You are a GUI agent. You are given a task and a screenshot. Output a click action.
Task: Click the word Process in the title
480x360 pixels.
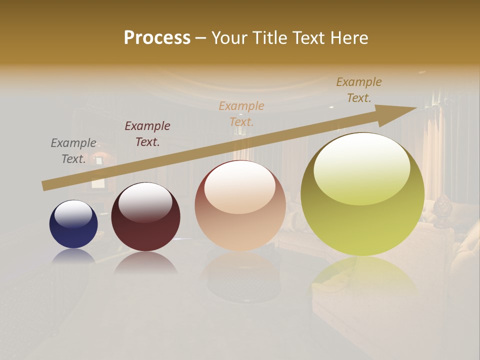(x=157, y=38)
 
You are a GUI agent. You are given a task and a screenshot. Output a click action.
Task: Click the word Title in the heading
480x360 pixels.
(x=268, y=38)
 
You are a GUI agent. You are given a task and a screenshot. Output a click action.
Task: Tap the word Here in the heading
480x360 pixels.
(x=349, y=38)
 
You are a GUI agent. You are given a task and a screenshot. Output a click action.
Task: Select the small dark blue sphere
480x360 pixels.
(x=73, y=224)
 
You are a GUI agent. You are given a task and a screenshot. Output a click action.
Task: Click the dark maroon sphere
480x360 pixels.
(x=145, y=216)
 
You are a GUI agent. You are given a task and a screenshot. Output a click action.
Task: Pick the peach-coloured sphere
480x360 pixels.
(x=240, y=205)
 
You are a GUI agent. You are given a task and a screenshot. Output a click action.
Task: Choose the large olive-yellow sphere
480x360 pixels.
(x=362, y=194)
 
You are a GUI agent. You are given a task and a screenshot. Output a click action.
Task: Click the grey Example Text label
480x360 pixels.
(x=73, y=151)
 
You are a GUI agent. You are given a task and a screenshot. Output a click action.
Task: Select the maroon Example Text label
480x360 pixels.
(x=147, y=134)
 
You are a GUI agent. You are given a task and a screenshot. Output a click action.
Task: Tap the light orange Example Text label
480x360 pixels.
(x=241, y=114)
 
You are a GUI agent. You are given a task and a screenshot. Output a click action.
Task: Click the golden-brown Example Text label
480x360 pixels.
(x=359, y=90)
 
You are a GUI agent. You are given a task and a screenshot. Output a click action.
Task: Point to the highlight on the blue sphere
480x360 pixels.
(x=73, y=213)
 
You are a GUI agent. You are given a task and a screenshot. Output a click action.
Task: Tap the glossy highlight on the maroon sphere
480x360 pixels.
(x=145, y=202)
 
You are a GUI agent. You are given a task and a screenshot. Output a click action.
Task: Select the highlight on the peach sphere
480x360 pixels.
(x=240, y=187)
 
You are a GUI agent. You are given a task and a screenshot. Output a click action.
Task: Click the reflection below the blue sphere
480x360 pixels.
(x=73, y=256)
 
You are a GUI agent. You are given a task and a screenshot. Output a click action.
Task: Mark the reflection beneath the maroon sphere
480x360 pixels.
(x=145, y=263)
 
